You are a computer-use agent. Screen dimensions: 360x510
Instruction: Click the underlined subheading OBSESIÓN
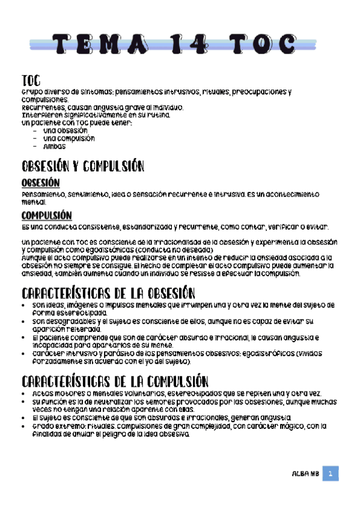[x=40, y=183]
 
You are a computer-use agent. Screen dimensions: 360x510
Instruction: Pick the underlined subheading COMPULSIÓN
[x=46, y=215]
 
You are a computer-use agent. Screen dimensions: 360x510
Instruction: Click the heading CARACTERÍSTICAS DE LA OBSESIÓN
[x=108, y=293]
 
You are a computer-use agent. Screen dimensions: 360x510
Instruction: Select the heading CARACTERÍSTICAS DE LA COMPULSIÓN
[x=115, y=381]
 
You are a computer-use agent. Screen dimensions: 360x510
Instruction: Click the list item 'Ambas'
[x=54, y=146]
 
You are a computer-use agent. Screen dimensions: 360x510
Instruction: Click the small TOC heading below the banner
[x=31, y=81]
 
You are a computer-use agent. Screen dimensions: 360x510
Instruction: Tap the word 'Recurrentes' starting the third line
[x=40, y=107]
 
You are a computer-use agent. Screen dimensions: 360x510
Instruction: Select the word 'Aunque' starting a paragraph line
[x=33, y=257]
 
